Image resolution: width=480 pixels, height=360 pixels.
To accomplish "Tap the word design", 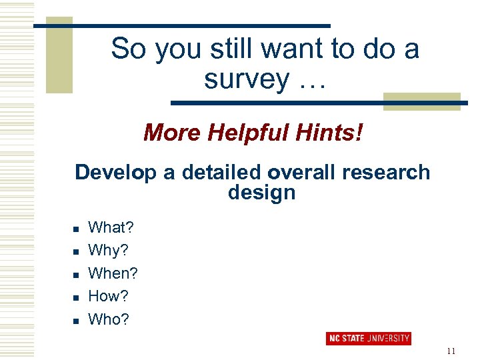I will point(261,193).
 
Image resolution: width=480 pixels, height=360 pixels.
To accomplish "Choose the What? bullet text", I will point(111,228).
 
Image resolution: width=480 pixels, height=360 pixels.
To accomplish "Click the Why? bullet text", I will point(109,251).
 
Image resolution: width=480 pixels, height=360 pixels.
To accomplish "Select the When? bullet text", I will point(113,273).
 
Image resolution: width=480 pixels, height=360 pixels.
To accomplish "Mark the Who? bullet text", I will point(109,319).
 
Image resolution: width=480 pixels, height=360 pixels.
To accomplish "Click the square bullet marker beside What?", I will point(75,229).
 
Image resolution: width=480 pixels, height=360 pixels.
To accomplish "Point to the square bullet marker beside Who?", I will point(75,320).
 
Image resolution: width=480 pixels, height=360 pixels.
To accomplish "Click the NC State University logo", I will point(368,339).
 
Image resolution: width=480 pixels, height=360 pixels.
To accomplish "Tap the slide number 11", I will point(451,351).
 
